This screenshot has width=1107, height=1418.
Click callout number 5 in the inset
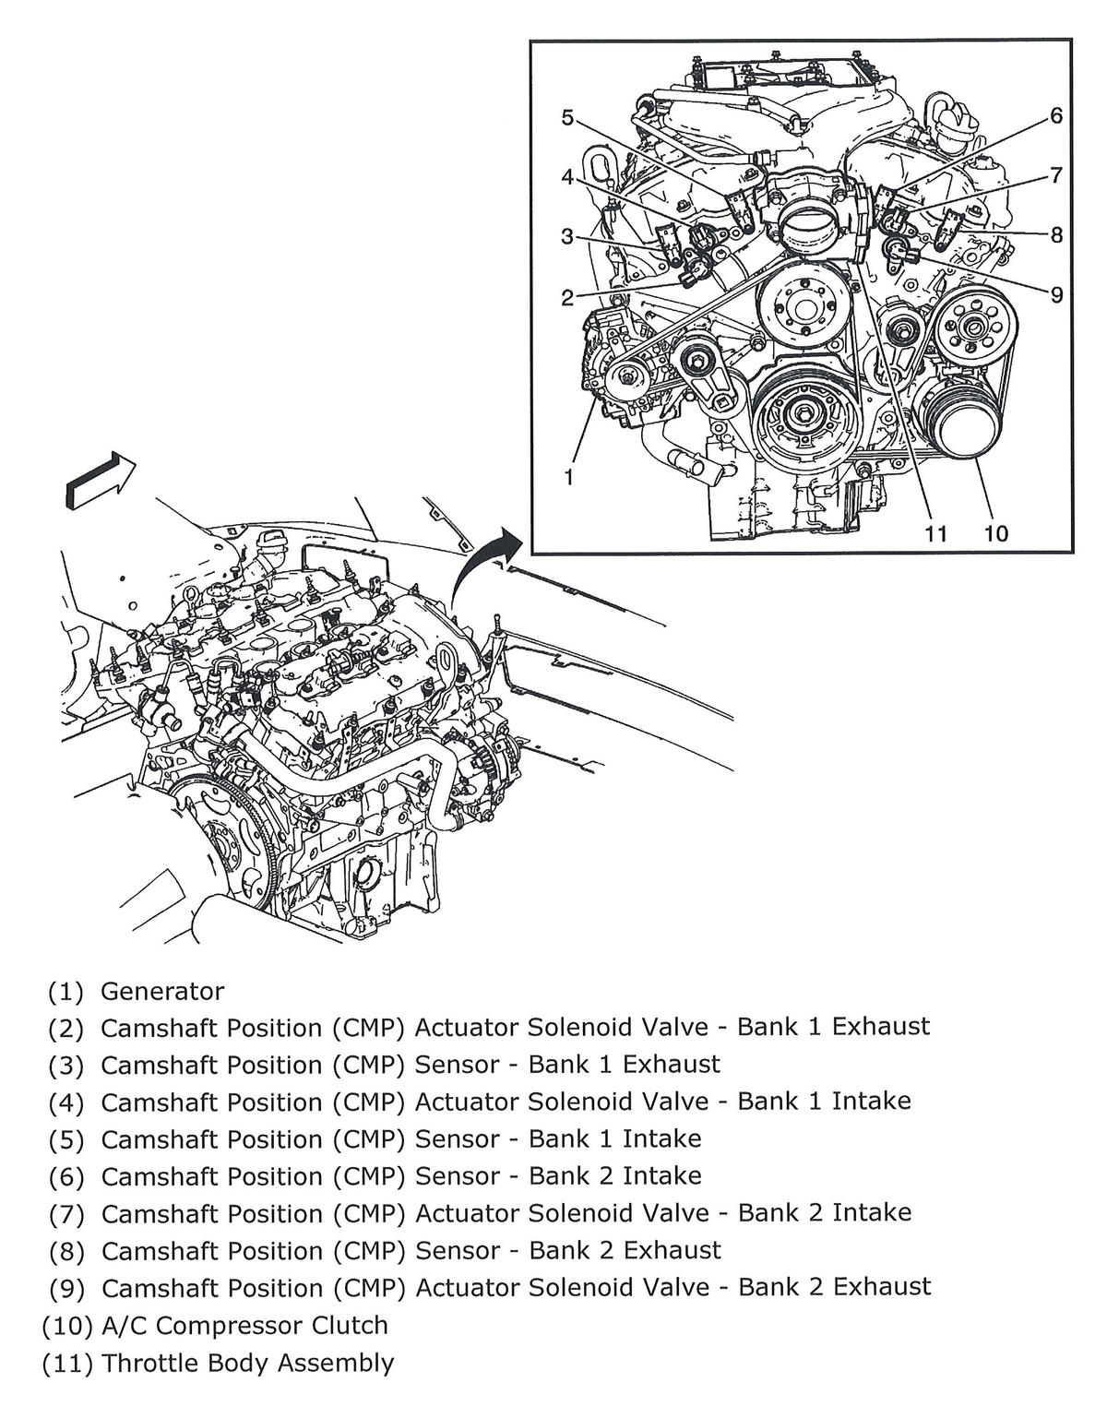567,117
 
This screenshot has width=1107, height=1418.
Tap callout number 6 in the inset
1056,115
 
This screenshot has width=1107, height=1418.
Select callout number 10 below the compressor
995,533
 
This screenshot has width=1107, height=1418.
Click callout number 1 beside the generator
569,477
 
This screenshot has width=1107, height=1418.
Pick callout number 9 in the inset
1056,294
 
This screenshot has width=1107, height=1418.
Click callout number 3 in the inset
567,237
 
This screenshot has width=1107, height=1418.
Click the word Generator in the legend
162,991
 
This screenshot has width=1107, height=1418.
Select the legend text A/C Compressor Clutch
244,1325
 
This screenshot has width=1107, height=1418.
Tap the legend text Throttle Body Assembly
247,1363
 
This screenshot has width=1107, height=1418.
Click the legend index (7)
66,1213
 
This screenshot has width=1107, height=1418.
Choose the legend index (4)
66,1102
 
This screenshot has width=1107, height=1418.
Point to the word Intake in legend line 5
661,1138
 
